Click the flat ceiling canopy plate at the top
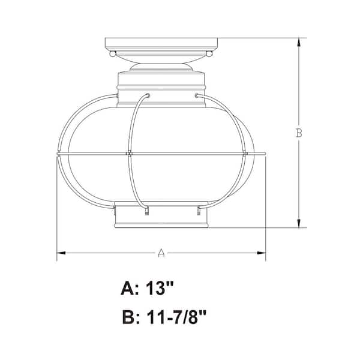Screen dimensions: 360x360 pos(160,44)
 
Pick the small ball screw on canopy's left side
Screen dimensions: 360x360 pos(112,54)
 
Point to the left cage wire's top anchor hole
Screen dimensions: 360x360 pos(147,95)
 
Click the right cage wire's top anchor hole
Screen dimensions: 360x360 pos(197,95)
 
